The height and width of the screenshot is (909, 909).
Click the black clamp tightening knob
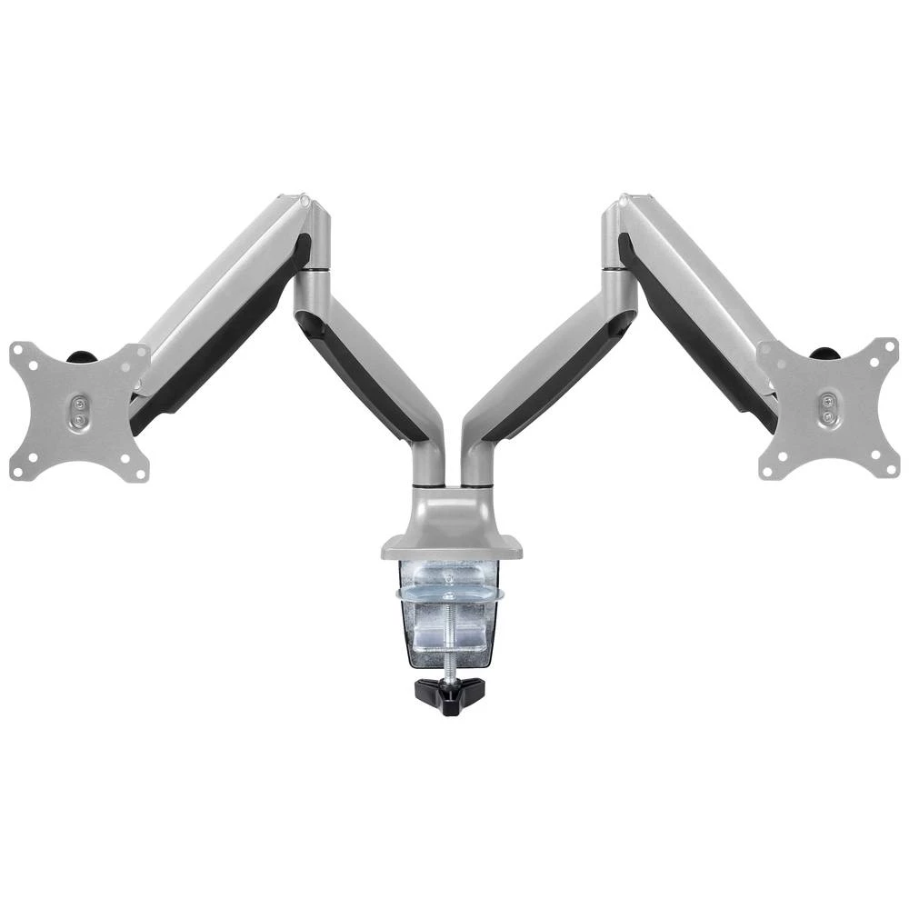(x=449, y=695)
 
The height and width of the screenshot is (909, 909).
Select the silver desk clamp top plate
(x=451, y=546)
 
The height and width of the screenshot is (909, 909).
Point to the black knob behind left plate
(x=84, y=355)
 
